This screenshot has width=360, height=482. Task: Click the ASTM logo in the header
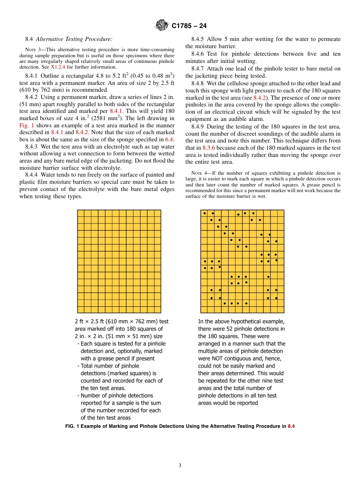(162, 26)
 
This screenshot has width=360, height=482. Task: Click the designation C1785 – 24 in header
(189, 26)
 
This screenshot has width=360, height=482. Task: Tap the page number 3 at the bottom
(180, 466)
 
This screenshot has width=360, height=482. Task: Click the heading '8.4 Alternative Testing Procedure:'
(68, 39)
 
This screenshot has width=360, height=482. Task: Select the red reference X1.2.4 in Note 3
(58, 67)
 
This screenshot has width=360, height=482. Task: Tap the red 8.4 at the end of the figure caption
(291, 426)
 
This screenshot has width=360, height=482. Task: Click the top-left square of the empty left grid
(81, 213)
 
